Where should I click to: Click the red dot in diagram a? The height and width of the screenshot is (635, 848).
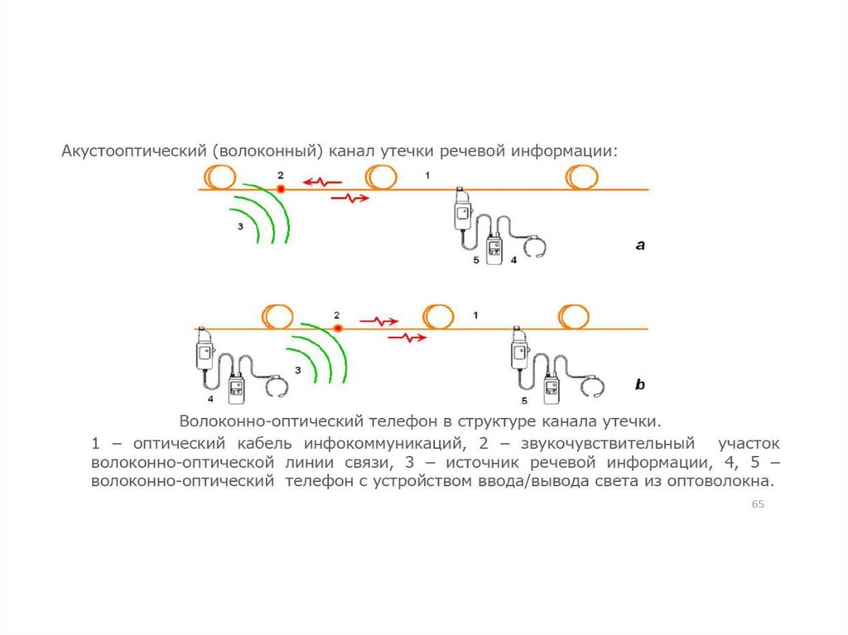click(281, 190)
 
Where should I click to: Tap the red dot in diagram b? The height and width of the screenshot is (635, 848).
click(337, 329)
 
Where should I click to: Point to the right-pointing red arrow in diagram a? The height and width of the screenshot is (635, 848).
click(351, 198)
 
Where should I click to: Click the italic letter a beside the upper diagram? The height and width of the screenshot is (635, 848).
click(640, 245)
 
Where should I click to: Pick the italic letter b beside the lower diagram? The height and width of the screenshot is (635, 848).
click(640, 385)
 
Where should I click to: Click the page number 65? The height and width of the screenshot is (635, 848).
click(757, 505)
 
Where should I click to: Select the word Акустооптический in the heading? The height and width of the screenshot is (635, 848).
click(132, 152)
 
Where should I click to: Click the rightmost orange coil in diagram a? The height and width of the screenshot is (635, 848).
click(582, 177)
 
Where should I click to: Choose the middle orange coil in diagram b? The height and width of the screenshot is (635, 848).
click(438, 316)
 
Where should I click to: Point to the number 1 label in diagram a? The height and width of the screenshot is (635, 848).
click(427, 175)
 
